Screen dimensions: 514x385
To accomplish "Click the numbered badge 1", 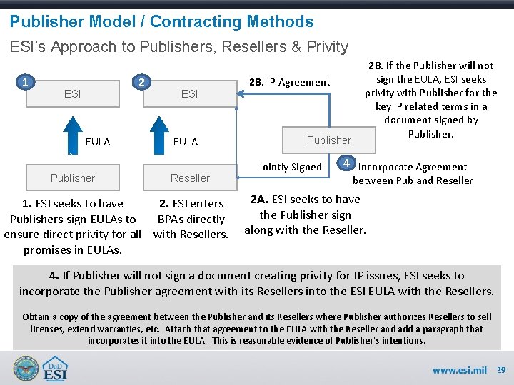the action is click(26, 83).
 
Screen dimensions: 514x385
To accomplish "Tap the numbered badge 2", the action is click(142, 83).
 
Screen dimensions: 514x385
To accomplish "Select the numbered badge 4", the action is click(345, 163).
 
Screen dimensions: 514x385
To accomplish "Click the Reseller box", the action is click(190, 178).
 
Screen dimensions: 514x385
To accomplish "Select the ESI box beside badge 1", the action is click(73, 93).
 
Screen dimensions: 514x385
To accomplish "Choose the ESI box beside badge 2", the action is click(190, 93).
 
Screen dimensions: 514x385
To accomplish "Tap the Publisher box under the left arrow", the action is click(73, 178).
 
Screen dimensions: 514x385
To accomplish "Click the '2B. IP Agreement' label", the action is click(289, 82).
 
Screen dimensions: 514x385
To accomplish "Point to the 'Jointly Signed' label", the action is click(290, 167).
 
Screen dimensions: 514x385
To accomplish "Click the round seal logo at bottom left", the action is click(26, 368).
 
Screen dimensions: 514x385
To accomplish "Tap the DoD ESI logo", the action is click(56, 368).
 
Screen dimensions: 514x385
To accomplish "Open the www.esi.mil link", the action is click(459, 370).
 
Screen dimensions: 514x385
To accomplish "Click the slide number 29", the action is click(500, 370).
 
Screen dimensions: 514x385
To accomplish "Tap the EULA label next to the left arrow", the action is click(98, 142).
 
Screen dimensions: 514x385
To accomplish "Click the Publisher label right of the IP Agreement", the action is click(329, 140).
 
